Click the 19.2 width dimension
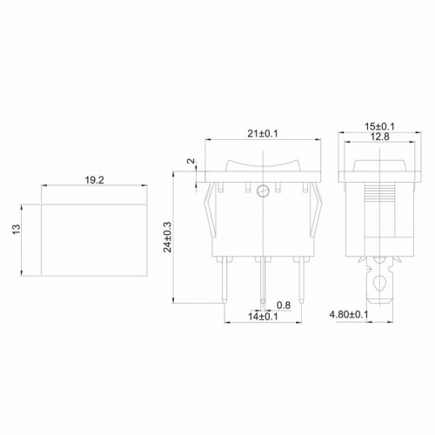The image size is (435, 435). click(x=96, y=182)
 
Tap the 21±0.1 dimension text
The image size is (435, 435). click(x=264, y=133)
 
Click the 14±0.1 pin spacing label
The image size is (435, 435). click(x=262, y=316)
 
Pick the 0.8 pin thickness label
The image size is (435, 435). click(x=284, y=304)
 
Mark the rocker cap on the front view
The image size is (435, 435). click(x=262, y=164)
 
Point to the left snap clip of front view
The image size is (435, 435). click(x=207, y=213)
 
